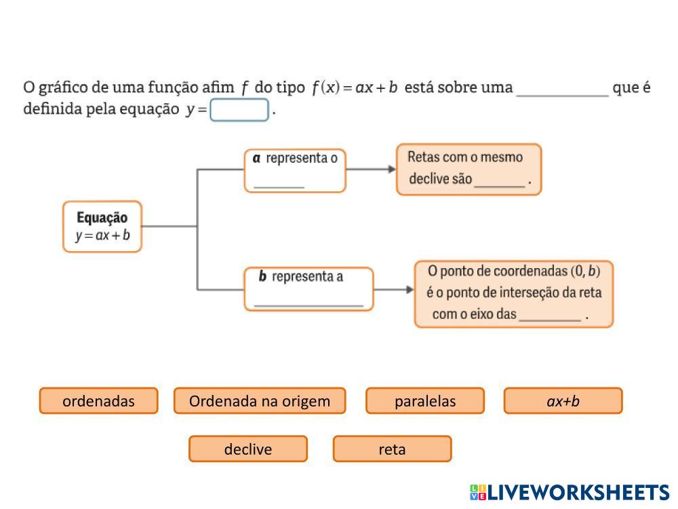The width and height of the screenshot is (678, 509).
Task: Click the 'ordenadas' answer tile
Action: tap(98, 401)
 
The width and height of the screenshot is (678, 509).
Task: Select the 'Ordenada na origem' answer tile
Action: tap(260, 401)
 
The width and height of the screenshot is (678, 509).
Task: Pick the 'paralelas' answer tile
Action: tap(425, 401)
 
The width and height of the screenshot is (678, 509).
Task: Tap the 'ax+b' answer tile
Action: tap(563, 401)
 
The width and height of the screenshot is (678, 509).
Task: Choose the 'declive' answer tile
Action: tap(248, 449)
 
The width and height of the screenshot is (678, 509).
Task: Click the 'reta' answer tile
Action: tap(392, 449)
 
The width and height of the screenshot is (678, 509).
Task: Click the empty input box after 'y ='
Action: tap(239, 110)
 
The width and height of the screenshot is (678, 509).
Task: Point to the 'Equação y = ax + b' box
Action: tap(102, 227)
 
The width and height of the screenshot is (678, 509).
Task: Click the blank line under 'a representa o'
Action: tap(279, 184)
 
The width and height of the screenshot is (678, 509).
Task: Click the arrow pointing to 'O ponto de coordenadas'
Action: tap(394, 290)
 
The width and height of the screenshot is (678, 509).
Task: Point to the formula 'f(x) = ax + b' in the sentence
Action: tap(354, 88)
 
